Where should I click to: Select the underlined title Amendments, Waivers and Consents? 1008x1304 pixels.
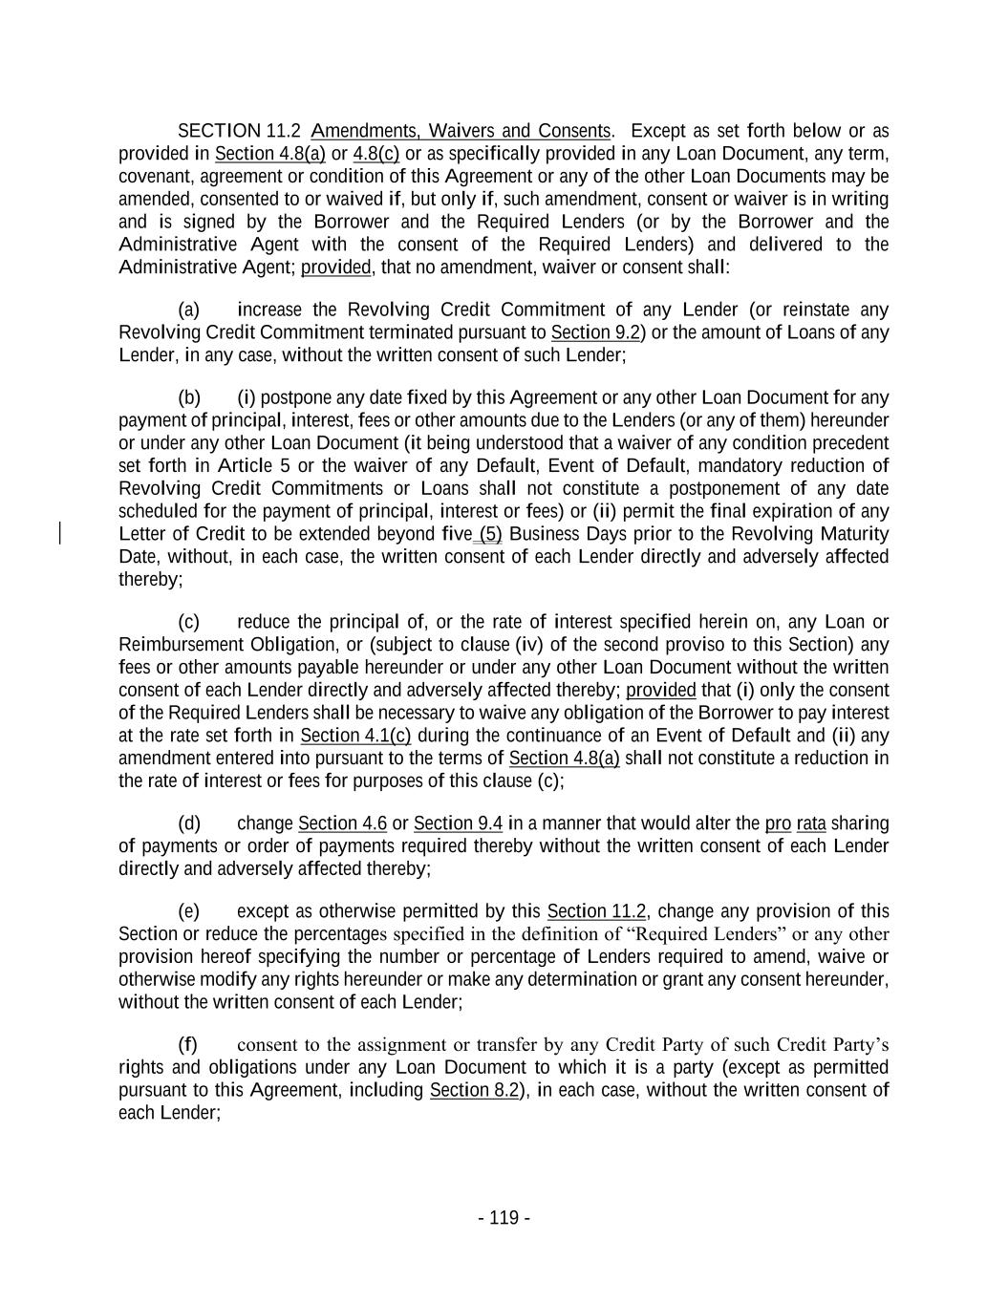click(x=461, y=131)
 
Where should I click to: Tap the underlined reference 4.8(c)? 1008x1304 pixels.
click(x=376, y=154)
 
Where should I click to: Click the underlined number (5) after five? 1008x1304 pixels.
click(x=490, y=534)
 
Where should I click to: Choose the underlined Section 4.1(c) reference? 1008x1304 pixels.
click(x=355, y=736)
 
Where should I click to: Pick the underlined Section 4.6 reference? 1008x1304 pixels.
click(x=343, y=823)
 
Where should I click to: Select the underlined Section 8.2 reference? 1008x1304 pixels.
click(x=475, y=1091)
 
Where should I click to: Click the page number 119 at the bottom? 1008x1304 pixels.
click(x=504, y=1218)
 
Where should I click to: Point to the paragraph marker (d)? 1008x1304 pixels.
click(x=189, y=823)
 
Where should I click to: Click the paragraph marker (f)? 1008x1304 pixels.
click(x=189, y=1045)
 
